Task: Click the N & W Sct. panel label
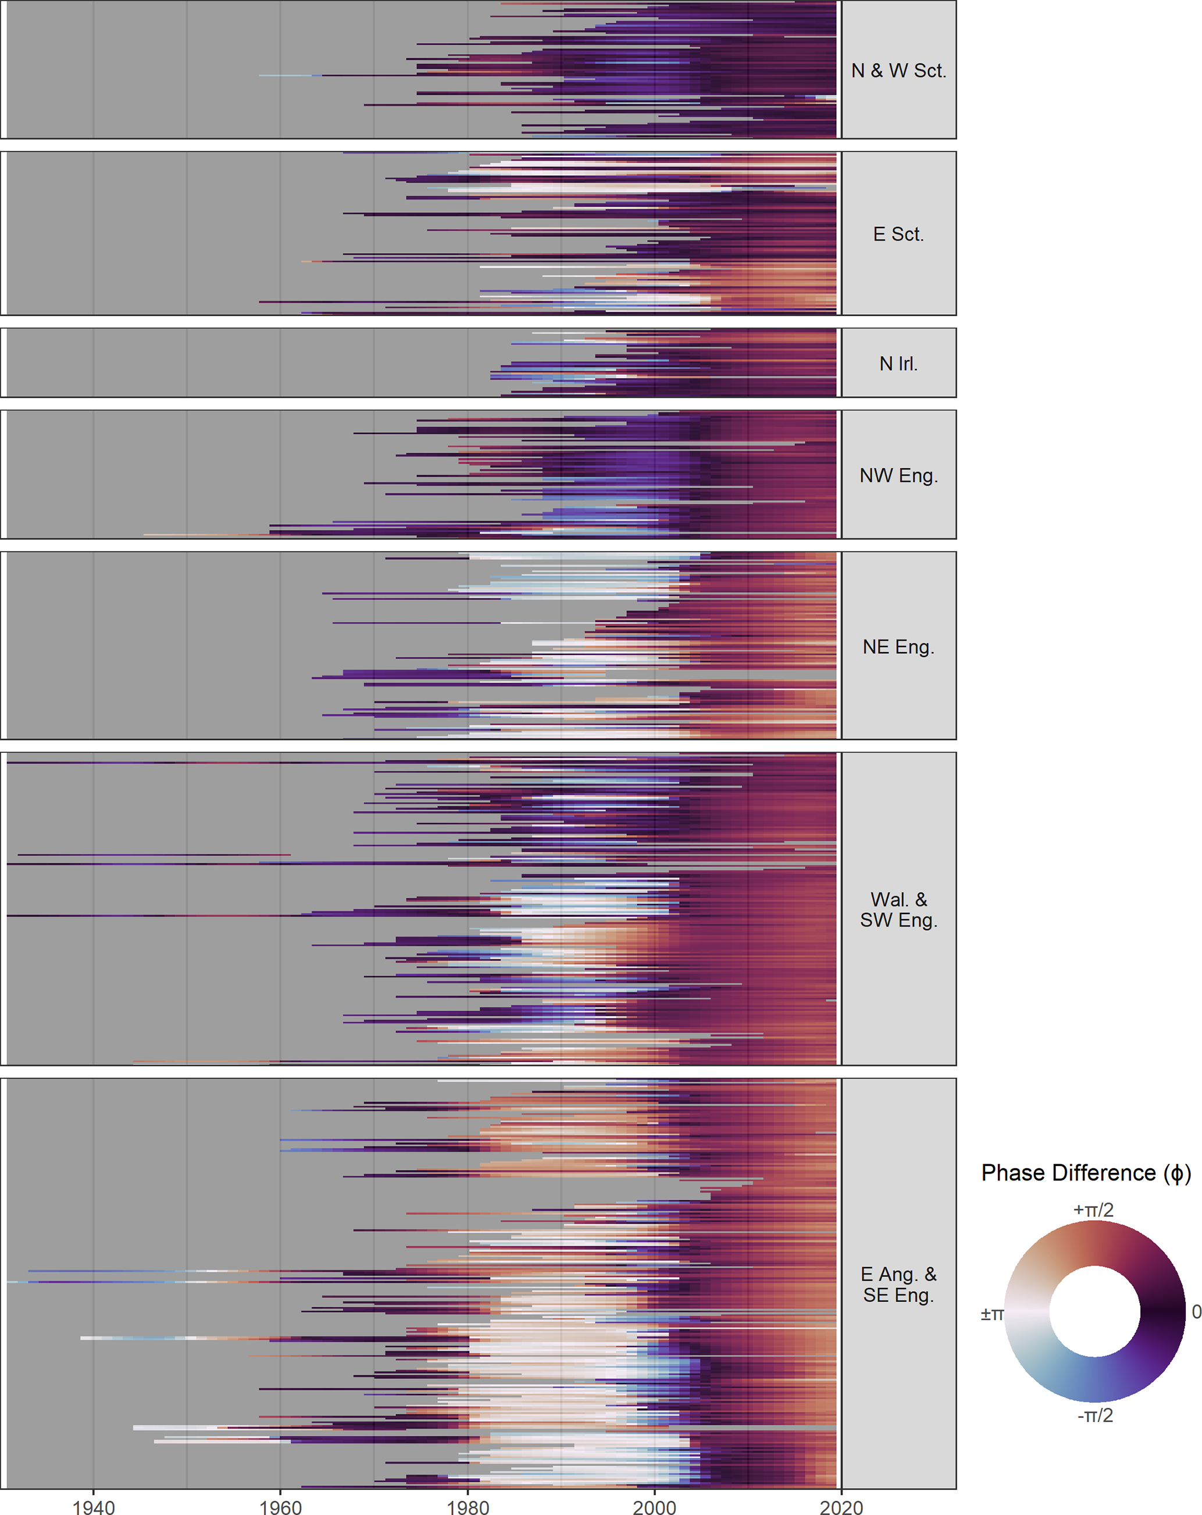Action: click(898, 70)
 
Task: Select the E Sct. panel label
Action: click(898, 234)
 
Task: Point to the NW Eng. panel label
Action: click(898, 476)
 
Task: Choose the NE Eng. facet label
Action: click(898, 646)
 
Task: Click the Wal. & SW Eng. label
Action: click(898, 909)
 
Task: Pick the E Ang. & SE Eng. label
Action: click(898, 1285)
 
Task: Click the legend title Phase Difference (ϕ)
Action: click(1085, 1173)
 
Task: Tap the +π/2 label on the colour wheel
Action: click(1093, 1210)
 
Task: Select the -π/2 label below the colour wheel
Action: click(1095, 1414)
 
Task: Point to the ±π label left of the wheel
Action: click(992, 1313)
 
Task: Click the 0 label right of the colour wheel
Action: click(1196, 1311)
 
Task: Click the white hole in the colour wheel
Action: click(1094, 1311)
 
